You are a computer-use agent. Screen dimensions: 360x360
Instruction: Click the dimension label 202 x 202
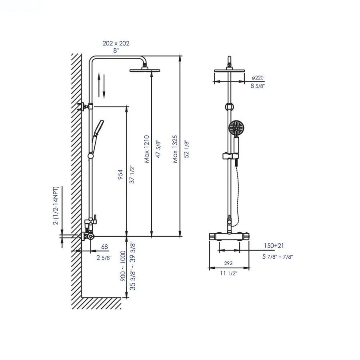tap(116, 43)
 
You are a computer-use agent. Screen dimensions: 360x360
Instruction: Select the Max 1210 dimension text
tap(147, 149)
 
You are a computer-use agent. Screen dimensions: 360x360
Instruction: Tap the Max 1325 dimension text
tap(175, 149)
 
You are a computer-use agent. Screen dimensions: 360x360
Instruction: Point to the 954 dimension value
tap(120, 174)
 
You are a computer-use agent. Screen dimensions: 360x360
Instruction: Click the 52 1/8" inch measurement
tap(186, 149)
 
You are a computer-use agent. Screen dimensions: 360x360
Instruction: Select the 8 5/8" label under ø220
tap(258, 86)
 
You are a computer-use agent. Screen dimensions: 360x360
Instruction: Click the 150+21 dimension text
tap(274, 246)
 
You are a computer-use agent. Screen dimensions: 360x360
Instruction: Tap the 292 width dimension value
tap(228, 264)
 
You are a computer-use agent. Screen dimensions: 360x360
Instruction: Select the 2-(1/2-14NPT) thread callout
tap(56, 205)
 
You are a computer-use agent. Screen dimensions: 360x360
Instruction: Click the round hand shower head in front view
tap(236, 129)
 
